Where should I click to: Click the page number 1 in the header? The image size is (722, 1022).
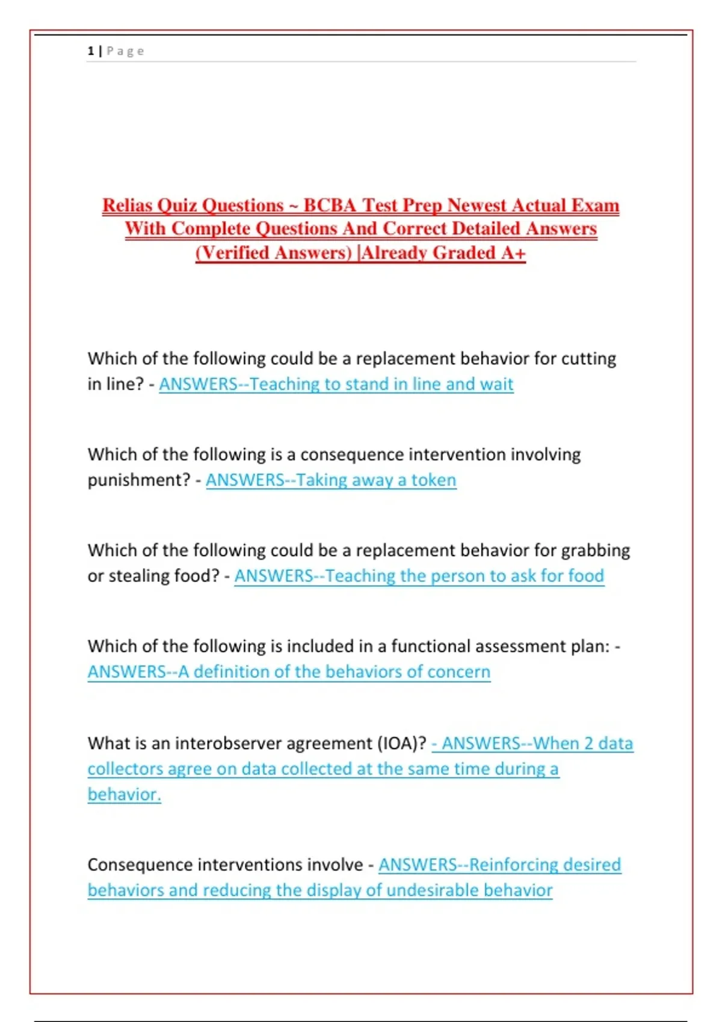(90, 51)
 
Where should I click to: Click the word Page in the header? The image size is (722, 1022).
(125, 51)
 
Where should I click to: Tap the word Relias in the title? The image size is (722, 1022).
(127, 206)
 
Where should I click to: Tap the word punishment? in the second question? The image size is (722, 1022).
(139, 480)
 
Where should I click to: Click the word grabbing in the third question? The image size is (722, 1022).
(595, 551)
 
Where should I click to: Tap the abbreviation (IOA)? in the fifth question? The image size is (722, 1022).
(401, 744)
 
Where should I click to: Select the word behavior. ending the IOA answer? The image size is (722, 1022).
(124, 795)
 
